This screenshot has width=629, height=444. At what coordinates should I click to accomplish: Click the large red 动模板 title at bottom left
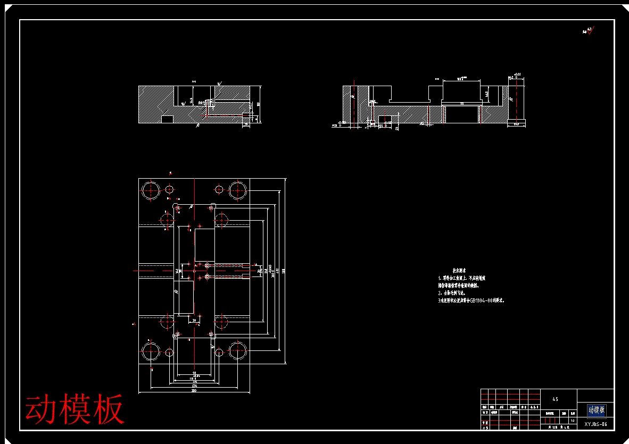click(75, 408)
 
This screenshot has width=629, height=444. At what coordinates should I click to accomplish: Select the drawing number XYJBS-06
click(595, 424)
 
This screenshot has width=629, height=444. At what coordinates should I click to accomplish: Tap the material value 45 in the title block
click(555, 399)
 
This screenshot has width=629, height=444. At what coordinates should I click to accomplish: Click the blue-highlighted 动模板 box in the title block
click(596, 410)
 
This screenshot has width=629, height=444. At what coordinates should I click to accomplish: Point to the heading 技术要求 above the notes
click(459, 271)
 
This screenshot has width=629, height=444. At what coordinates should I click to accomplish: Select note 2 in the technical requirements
click(452, 293)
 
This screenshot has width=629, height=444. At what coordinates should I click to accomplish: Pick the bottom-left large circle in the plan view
click(151, 352)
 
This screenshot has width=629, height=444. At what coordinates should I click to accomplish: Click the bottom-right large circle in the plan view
click(237, 352)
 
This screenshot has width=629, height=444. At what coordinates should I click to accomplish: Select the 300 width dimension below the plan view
click(194, 391)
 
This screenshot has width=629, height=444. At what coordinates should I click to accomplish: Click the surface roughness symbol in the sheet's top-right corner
click(588, 31)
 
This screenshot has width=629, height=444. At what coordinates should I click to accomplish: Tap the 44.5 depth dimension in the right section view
click(486, 94)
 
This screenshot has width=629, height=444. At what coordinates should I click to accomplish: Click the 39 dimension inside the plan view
click(195, 320)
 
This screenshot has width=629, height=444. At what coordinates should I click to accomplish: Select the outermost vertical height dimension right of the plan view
click(285, 271)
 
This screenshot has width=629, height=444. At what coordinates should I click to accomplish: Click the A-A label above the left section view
click(194, 82)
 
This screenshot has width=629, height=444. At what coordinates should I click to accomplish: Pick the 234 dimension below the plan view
click(194, 386)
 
